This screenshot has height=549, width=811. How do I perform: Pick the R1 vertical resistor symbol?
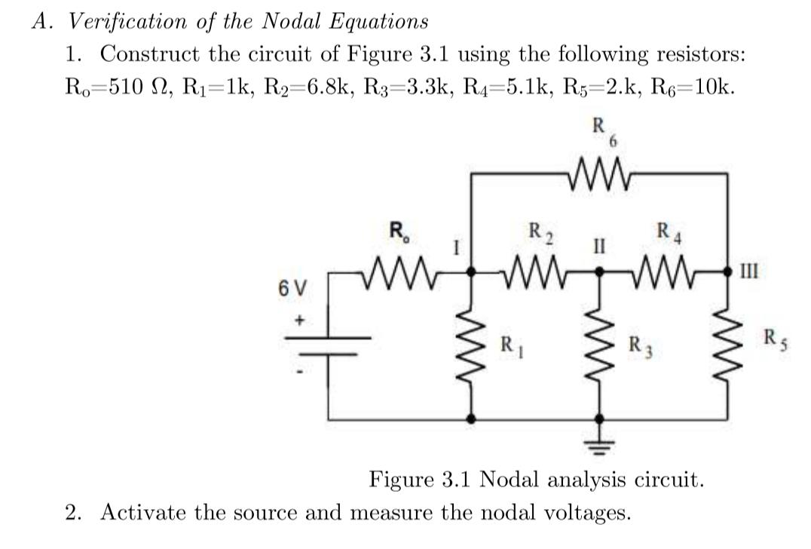pyautogui.click(x=473, y=346)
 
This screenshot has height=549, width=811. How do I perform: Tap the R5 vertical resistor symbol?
pyautogui.click(x=727, y=346)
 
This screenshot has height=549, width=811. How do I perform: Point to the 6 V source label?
pyautogui.click(x=292, y=288)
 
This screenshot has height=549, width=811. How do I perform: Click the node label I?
pyautogui.click(x=456, y=246)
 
